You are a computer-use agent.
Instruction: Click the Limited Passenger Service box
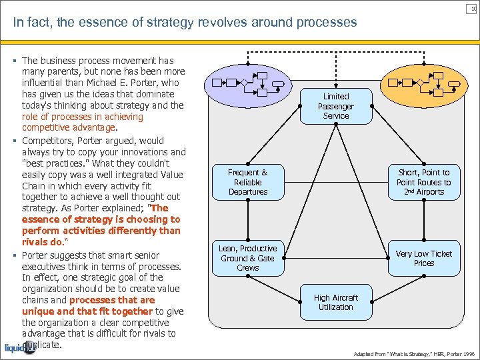(x=336, y=106)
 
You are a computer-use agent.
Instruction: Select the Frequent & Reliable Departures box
(x=248, y=182)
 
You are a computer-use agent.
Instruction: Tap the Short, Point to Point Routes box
(x=423, y=182)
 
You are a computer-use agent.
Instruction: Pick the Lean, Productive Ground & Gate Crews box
(x=248, y=258)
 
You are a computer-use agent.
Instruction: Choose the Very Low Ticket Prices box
(x=423, y=258)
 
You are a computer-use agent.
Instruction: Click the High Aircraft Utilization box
(x=336, y=302)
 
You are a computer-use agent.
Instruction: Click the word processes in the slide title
(x=327, y=23)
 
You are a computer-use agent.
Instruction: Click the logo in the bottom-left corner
(x=20, y=347)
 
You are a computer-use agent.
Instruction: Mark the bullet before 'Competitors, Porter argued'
(x=15, y=141)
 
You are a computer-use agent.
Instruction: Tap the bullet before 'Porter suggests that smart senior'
(x=15, y=255)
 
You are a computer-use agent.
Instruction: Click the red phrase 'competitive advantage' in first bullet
(x=69, y=128)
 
